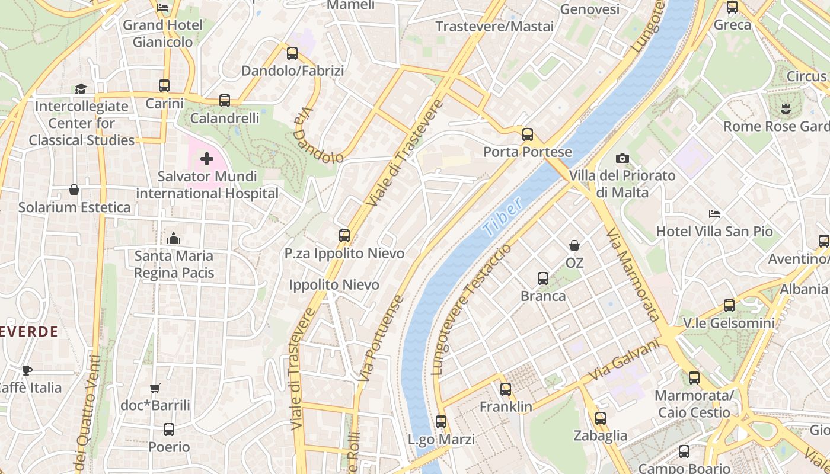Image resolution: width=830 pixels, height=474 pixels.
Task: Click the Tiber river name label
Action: [502, 217]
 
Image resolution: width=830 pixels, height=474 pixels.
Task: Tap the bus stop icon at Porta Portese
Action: [527, 134]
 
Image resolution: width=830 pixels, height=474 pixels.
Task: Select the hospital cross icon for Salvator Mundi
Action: [207, 159]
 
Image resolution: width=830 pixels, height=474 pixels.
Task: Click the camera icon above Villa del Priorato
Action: [622, 158]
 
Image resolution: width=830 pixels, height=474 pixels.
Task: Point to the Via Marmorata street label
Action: [633, 274]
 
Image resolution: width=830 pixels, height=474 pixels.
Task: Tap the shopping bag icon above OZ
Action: [574, 245]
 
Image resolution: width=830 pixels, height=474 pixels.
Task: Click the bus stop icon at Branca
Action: [542, 278]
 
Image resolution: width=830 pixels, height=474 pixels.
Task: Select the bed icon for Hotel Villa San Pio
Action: [714, 214]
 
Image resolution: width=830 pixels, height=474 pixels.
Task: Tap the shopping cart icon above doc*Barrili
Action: [155, 389]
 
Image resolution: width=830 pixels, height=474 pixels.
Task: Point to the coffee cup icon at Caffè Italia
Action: [27, 370]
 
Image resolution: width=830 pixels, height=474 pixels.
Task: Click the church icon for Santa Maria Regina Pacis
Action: [174, 238]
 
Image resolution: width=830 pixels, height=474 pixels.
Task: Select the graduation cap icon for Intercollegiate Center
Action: [81, 89]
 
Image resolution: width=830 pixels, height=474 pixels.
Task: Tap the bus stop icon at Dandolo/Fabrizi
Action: [292, 53]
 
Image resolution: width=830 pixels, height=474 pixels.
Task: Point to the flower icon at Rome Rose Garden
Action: [786, 108]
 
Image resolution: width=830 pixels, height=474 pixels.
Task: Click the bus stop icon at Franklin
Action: [505, 389]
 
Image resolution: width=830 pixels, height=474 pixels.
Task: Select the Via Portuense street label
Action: [382, 338]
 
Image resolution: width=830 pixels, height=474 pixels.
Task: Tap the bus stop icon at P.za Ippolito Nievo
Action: [344, 236]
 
